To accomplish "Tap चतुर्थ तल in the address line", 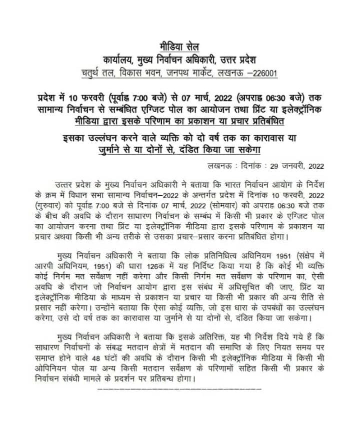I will click(97, 74).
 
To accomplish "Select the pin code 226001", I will click(262, 74).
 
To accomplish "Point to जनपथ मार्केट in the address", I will click(186, 74).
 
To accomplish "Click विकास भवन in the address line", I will click(135, 74).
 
